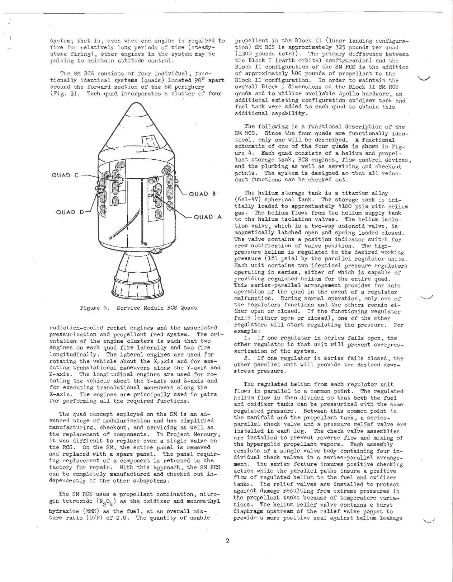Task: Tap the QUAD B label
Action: point(202,194)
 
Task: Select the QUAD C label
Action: point(65,175)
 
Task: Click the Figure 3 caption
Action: point(138,308)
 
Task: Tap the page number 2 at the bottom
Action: point(227,541)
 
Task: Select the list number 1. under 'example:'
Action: point(247,338)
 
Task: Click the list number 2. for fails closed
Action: point(247,358)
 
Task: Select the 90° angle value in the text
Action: point(199,80)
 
